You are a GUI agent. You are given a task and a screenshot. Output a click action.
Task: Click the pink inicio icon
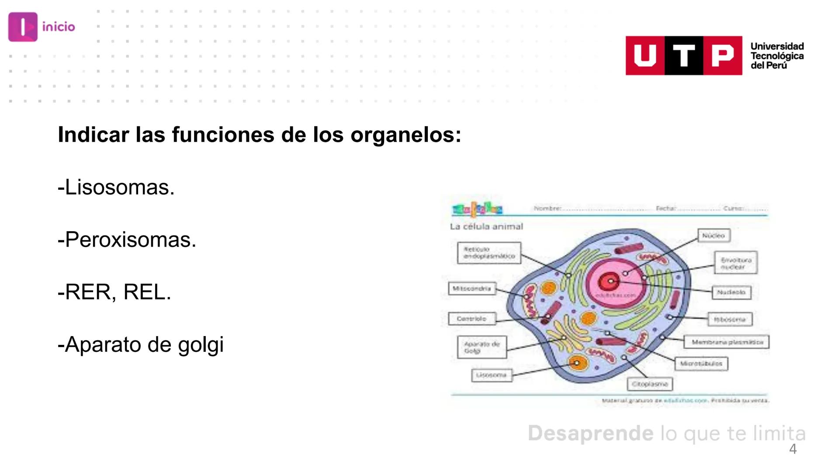(x=23, y=27)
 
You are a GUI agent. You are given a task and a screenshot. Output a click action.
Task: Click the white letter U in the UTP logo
(x=645, y=56)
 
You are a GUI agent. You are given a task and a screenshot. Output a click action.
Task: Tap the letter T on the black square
(x=684, y=56)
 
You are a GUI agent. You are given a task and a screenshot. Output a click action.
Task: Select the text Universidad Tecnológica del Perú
(x=777, y=56)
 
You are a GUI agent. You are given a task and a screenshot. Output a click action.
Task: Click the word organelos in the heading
(x=406, y=135)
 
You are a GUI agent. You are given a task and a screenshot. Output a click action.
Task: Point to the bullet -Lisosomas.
(x=116, y=187)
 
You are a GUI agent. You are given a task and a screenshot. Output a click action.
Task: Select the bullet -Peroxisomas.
(x=127, y=240)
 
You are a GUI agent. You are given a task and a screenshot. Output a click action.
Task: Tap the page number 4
(x=793, y=449)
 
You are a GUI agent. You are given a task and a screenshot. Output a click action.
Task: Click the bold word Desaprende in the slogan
(x=590, y=433)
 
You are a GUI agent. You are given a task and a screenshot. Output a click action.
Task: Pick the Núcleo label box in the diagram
(x=714, y=236)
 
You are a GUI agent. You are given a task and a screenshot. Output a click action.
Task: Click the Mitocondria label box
(x=472, y=288)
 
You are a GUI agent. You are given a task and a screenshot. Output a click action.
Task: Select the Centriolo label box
(x=472, y=319)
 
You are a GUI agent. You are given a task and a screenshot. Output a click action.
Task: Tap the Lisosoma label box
(x=492, y=375)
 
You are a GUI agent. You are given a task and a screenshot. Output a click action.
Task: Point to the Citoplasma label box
(x=650, y=384)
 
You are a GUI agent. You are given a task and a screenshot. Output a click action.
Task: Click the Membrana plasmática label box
(x=727, y=342)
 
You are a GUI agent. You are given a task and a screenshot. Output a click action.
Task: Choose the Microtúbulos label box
(x=701, y=364)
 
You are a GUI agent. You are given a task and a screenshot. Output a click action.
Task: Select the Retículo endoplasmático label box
(x=489, y=253)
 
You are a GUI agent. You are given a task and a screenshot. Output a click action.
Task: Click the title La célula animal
(x=486, y=226)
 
